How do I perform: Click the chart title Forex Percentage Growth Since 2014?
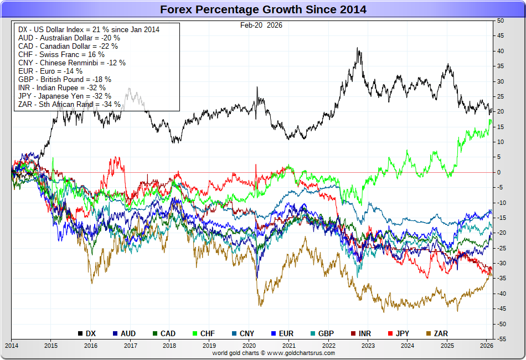[263, 9]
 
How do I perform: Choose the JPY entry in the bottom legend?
[400, 333]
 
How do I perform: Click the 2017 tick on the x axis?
[130, 346]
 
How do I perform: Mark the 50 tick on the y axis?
[500, 20]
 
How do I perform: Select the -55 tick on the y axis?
[501, 338]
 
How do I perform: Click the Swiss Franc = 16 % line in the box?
[61, 54]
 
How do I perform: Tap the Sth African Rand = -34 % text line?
[69, 104]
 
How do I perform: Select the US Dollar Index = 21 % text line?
[89, 29]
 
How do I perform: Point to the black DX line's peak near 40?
[359, 50]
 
